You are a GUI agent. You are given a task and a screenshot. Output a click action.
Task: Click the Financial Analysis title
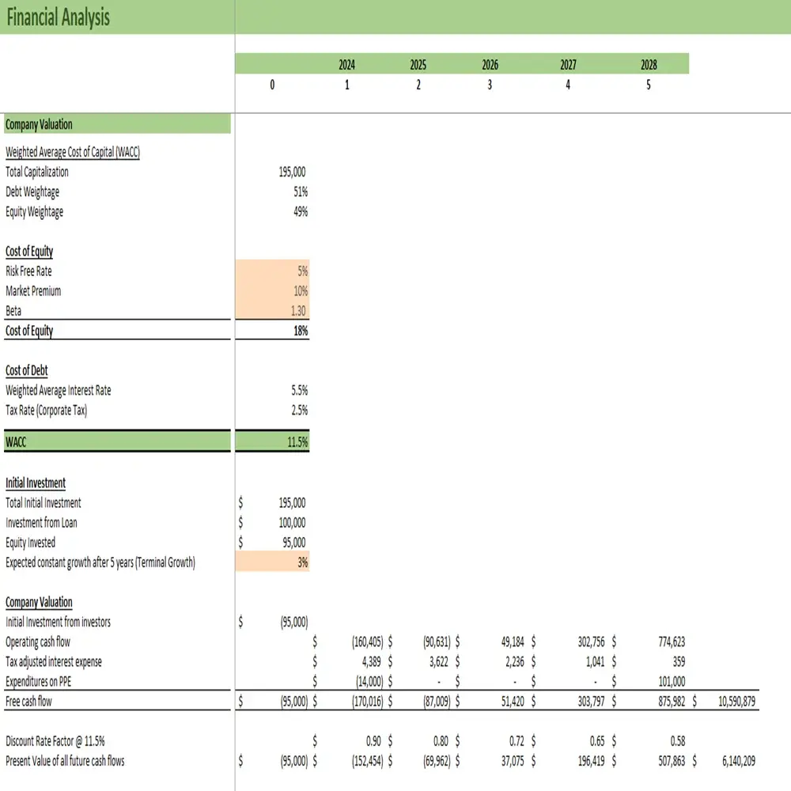point(58,17)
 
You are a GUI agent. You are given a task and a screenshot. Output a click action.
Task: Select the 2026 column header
point(490,65)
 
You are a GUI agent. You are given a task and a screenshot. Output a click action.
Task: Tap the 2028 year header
point(649,65)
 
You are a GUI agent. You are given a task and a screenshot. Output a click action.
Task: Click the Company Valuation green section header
point(39,124)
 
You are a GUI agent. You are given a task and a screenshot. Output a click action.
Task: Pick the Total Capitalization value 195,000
point(293,172)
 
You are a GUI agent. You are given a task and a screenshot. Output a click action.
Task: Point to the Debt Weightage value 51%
point(300,191)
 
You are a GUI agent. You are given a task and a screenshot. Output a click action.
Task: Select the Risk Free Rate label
point(28,271)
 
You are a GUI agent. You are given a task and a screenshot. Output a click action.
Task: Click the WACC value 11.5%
point(297,442)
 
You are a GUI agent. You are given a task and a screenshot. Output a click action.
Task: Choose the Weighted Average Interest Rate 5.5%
point(298,390)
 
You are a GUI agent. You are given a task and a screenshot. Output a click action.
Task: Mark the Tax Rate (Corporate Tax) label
point(46,410)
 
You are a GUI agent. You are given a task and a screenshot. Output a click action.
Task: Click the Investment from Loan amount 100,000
point(292,522)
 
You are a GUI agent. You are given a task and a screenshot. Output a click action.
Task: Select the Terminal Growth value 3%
point(301,562)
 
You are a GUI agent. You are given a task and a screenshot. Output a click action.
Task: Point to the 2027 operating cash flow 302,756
point(587,642)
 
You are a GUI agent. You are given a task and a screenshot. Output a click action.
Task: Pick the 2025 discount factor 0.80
point(441,741)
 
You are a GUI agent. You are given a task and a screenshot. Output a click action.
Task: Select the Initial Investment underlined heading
point(36,483)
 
